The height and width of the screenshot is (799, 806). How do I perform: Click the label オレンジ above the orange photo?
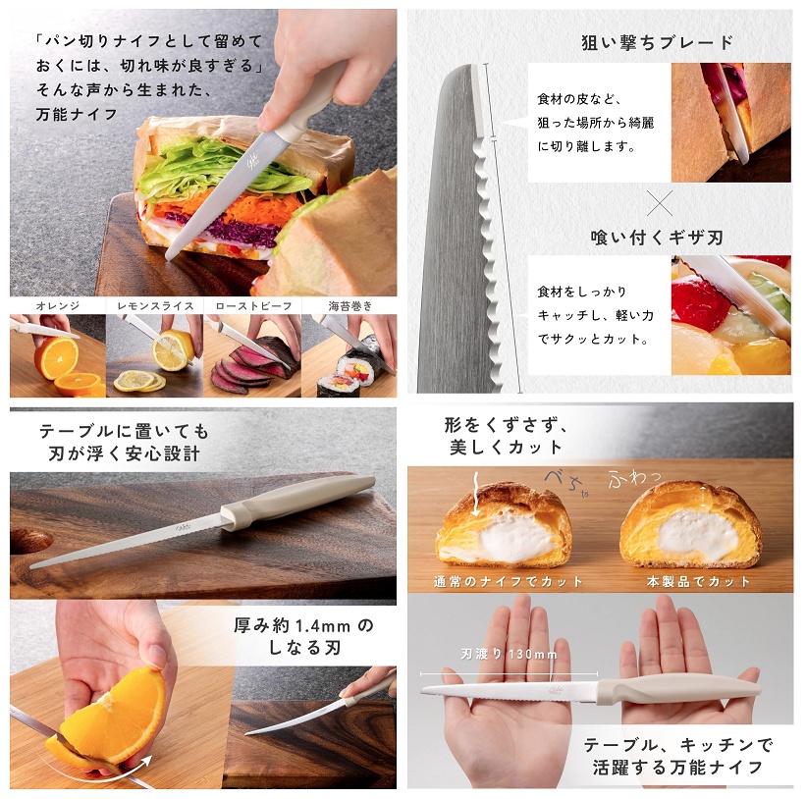point(58,305)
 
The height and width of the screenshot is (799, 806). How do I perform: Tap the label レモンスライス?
point(155,305)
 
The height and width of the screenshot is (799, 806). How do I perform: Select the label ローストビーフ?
point(253,305)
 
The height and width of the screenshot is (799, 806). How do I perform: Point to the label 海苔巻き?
point(350,305)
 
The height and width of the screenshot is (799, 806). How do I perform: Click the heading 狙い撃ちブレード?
point(658,42)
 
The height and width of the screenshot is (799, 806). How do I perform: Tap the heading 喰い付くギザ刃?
point(657,238)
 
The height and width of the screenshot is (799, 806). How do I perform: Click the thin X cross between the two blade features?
point(660,203)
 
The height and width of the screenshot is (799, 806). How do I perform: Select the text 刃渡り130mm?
point(509,654)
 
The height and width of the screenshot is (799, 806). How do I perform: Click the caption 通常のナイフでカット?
point(509,582)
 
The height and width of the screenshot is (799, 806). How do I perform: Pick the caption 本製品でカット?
point(699,582)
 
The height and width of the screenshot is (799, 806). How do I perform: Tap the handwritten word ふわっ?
point(633,478)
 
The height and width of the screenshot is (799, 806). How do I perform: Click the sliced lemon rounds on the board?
point(139,381)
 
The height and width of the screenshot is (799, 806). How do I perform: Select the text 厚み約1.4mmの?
point(303,625)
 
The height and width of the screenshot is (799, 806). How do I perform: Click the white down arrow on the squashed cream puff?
point(476,495)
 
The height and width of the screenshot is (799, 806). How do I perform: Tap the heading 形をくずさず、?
point(507,425)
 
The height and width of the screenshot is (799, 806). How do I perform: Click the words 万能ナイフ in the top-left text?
point(78,114)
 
